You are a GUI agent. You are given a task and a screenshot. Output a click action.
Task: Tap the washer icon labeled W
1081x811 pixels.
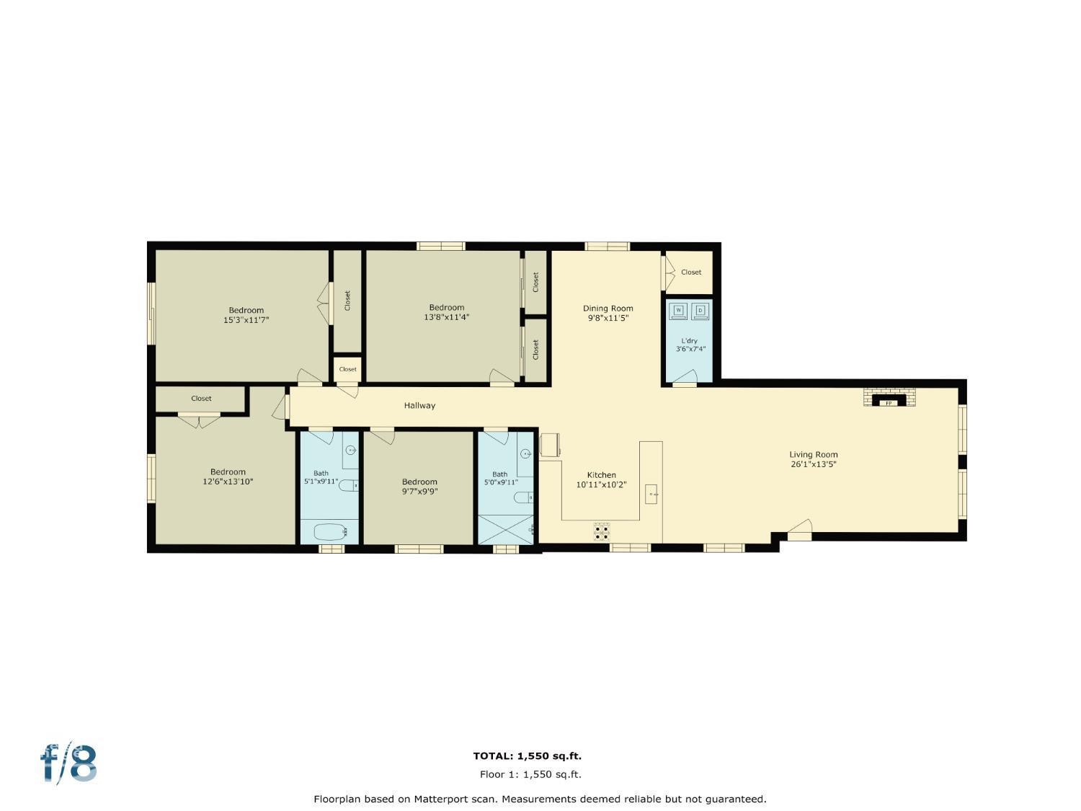click(678, 311)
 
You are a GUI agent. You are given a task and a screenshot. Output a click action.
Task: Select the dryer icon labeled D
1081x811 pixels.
click(700, 311)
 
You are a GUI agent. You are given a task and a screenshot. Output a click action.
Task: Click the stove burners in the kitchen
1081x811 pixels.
click(602, 532)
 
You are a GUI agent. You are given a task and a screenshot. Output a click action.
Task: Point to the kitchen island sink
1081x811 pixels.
click(651, 494)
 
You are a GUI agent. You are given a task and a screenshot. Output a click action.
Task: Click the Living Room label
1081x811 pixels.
click(813, 454)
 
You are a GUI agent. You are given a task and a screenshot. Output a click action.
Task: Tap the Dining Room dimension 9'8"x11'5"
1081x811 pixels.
click(608, 317)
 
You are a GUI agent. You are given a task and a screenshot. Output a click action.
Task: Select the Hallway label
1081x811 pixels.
click(419, 406)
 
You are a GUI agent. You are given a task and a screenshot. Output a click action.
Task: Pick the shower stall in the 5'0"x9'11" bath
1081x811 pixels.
click(507, 529)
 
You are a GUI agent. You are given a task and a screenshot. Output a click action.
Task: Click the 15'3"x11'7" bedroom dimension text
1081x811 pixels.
click(246, 319)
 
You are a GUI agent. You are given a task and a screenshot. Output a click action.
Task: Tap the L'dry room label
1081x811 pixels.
click(690, 341)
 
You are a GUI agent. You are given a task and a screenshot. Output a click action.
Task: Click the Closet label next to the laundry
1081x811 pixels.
click(690, 272)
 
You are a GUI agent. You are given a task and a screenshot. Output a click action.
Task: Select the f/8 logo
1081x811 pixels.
click(68, 764)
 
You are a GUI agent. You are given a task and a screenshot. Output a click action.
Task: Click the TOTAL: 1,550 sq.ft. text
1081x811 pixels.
click(527, 756)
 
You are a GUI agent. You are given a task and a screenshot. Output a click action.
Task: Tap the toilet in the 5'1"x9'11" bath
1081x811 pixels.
click(349, 485)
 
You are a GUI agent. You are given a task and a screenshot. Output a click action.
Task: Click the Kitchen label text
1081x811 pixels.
click(601, 475)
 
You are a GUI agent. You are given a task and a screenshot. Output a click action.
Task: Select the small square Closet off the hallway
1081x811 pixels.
click(347, 369)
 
